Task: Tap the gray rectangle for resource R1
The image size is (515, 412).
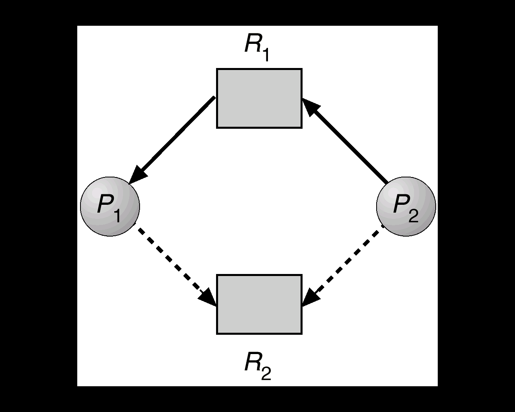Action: pyautogui.click(x=259, y=99)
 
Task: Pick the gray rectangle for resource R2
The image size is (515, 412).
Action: pyautogui.click(x=259, y=304)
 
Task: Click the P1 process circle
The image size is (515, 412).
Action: pyautogui.click(x=110, y=206)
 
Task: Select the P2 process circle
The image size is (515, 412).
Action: pyautogui.click(x=406, y=206)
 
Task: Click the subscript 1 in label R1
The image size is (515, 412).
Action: pyautogui.click(x=265, y=56)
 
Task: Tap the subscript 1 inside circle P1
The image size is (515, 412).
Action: pyautogui.click(x=117, y=216)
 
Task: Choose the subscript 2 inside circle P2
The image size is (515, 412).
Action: pyautogui.click(x=413, y=216)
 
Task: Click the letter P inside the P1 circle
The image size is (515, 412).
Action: pyautogui.click(x=105, y=204)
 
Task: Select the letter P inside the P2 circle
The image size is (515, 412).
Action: pyautogui.click(x=401, y=204)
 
